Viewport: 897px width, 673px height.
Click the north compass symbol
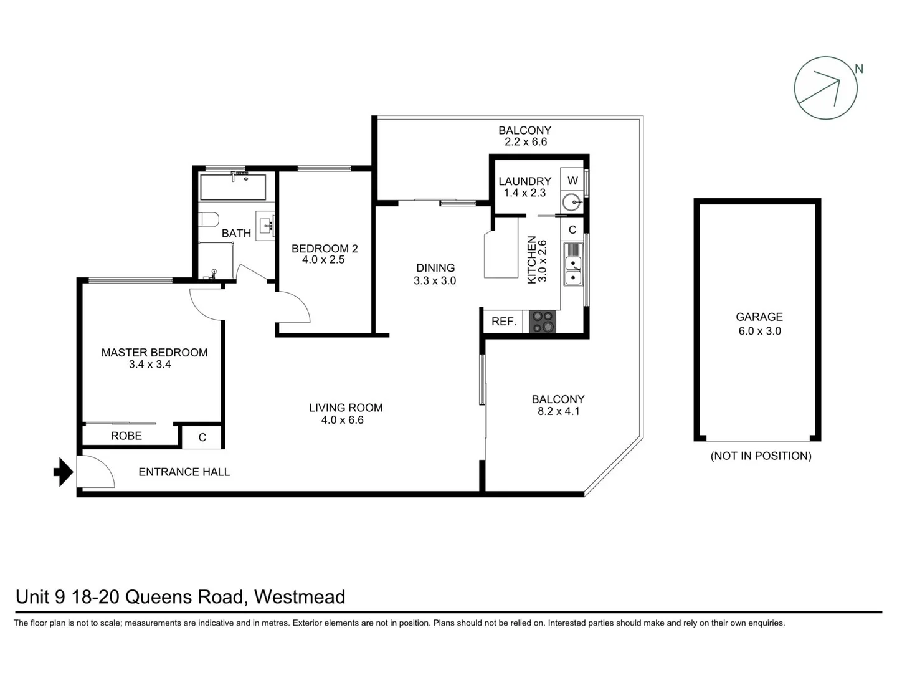[825, 88]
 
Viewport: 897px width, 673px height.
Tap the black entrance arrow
[63, 472]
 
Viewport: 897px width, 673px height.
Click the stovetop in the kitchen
[541, 322]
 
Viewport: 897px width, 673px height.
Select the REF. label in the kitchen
[504, 322]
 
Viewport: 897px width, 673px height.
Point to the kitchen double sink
[572, 264]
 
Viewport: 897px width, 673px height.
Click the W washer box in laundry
[572, 181]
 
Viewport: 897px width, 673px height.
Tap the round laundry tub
[571, 202]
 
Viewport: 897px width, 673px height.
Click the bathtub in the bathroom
[233, 187]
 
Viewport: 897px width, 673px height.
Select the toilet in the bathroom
[209, 219]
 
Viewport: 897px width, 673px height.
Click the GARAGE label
[759, 317]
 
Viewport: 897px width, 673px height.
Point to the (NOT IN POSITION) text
[761, 456]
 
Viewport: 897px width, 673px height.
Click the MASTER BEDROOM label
[154, 353]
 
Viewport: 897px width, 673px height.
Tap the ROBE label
[126, 436]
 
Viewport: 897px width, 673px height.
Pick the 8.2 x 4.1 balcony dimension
[558, 411]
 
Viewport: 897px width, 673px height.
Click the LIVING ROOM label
[346, 408]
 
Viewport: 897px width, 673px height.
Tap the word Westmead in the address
[300, 597]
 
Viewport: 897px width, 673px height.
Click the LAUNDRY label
[524, 181]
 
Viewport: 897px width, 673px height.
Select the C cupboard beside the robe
[202, 437]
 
